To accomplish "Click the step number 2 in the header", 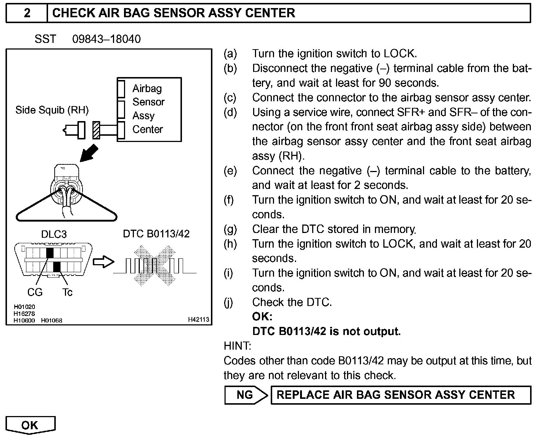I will point(27,13).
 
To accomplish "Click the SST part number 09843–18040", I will point(106,39).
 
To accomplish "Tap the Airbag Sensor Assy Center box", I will point(149,109).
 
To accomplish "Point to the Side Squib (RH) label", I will point(52,110).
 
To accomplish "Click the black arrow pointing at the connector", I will point(89,153).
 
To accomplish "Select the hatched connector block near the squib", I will point(96,130).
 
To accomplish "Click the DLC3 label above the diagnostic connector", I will point(54,234).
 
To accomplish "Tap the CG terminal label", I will point(35,292).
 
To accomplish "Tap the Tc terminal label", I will point(67,292).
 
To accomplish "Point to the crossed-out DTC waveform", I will point(155,265).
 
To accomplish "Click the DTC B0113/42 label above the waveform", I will point(156,234).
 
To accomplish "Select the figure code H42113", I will point(198,320).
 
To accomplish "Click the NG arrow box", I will point(245,395).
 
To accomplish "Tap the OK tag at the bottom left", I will point(30,425).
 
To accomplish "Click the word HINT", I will point(237,346).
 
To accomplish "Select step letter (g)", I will point(230,229).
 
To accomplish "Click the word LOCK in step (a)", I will point(399,54).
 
